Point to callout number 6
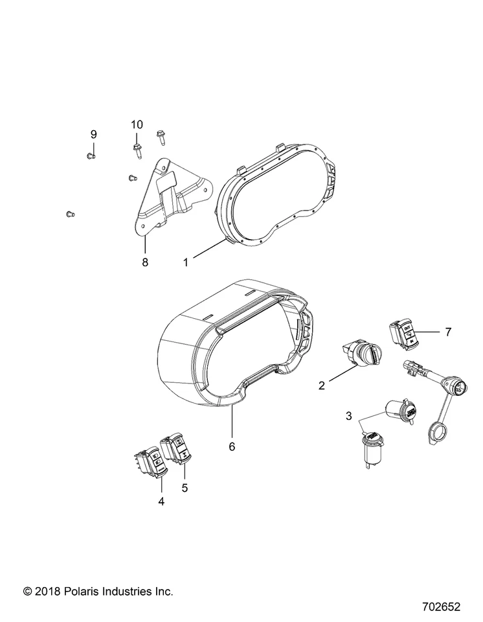click(x=232, y=446)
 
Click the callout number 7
click(x=446, y=332)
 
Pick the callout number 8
click(x=145, y=262)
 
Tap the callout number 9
click(x=93, y=134)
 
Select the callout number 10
click(x=137, y=124)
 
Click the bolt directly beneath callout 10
click(x=137, y=150)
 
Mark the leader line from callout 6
click(x=232, y=422)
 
